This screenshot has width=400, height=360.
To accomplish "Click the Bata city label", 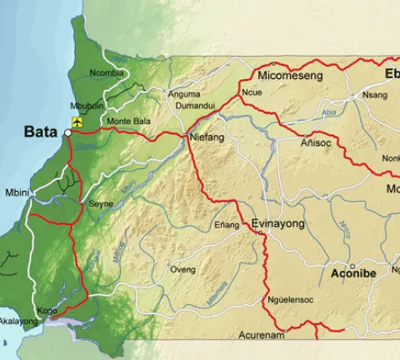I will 40,132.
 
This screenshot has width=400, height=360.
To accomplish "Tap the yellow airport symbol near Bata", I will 77,122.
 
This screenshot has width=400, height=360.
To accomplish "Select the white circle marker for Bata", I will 67,132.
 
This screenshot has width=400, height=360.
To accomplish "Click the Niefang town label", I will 207,137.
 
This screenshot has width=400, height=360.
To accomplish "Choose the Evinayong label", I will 278,224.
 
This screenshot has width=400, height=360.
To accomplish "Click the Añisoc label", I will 317,143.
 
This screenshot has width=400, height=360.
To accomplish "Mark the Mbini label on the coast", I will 17,192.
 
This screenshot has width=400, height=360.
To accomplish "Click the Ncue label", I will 251,92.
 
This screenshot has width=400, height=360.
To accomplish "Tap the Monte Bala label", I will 129,121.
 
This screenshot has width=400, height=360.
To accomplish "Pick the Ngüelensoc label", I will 290,300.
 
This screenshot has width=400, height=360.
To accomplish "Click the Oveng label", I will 182,270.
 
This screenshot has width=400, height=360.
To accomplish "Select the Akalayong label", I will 18,321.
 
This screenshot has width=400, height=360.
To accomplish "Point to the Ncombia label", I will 107,73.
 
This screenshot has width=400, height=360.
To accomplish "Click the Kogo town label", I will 47,310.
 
